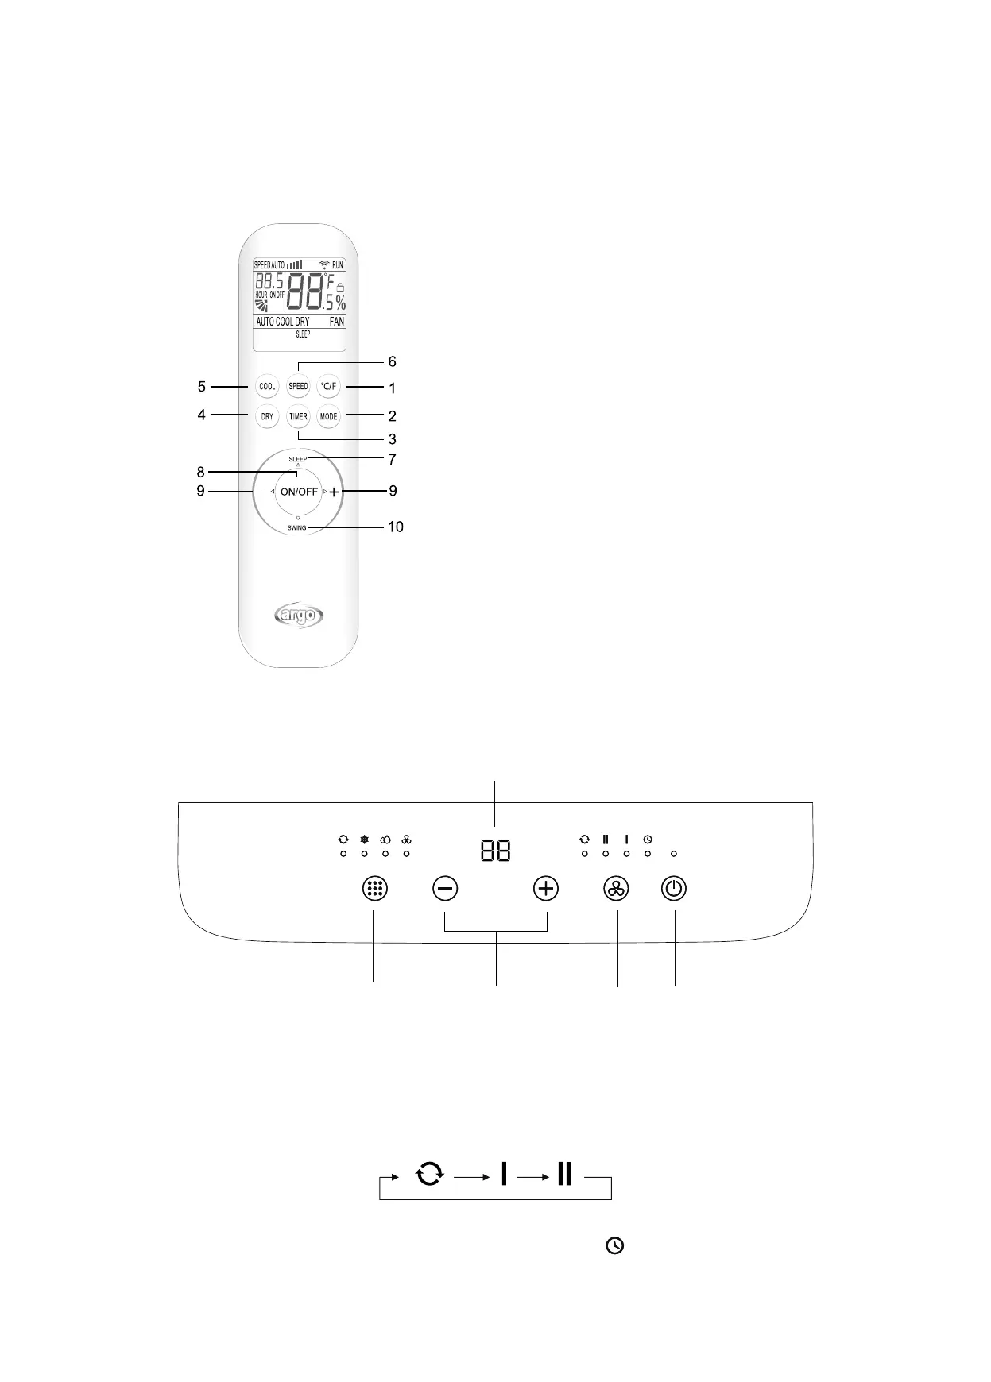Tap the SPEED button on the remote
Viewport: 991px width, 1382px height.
[298, 387]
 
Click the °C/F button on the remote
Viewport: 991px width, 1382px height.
[328, 387]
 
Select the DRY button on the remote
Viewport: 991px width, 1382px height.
[268, 416]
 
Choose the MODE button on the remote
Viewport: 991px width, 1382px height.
[328, 416]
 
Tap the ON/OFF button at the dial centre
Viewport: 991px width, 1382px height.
[299, 492]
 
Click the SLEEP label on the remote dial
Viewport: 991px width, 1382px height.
[297, 459]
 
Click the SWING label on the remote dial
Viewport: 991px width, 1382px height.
[297, 527]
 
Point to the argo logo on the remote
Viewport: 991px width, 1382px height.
[299, 616]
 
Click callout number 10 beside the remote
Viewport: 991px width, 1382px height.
[395, 527]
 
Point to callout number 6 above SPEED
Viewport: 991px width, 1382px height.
[392, 362]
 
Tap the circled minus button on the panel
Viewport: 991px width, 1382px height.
[445, 888]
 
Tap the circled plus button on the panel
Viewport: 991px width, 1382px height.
[546, 888]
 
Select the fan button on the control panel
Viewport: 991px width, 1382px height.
[616, 889]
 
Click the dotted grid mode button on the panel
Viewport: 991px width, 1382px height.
[374, 889]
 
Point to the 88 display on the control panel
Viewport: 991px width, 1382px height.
[495, 851]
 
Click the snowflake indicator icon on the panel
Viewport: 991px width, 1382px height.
[365, 839]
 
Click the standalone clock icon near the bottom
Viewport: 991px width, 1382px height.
[615, 1246]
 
